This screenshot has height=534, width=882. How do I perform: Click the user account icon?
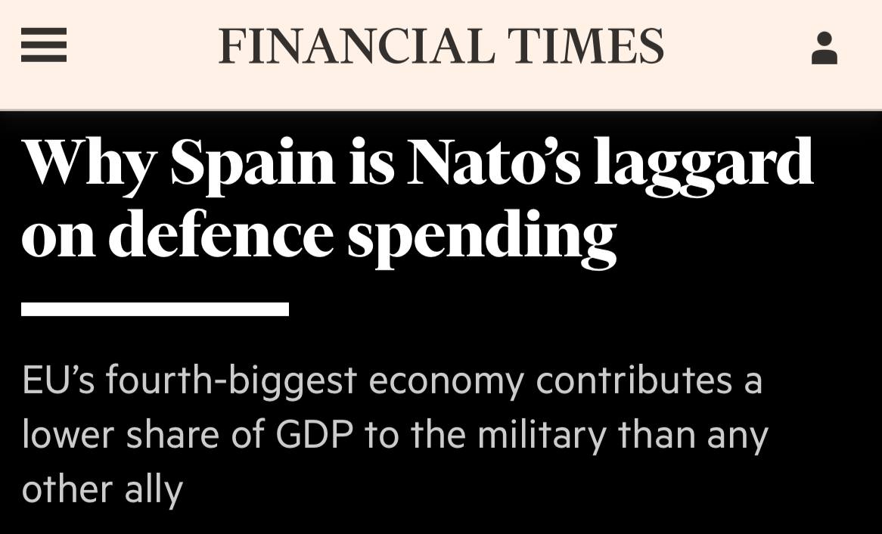pos(824,48)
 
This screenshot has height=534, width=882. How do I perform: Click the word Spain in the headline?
pos(253,163)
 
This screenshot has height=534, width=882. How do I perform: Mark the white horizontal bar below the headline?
pos(155,309)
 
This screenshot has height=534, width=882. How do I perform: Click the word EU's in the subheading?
pos(57,380)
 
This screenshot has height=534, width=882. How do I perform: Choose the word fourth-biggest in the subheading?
pos(231,381)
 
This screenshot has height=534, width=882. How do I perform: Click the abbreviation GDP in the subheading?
pos(314,435)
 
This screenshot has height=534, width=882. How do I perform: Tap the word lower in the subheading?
pos(69,435)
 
